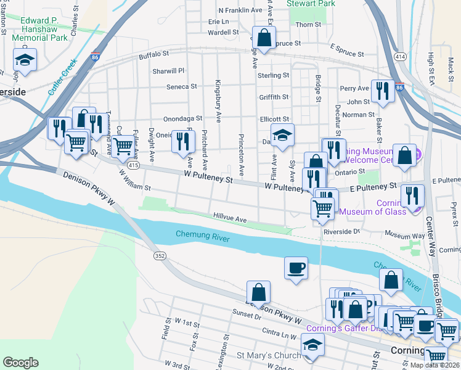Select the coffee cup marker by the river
tap(296, 268)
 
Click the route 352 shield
tap(160, 255)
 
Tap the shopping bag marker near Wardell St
tap(264, 38)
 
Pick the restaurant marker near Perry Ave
tap(383, 91)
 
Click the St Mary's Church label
tap(269, 356)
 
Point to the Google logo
tap(20, 363)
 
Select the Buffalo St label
tap(154, 55)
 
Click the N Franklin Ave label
tap(240, 10)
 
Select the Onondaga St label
tap(183, 118)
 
